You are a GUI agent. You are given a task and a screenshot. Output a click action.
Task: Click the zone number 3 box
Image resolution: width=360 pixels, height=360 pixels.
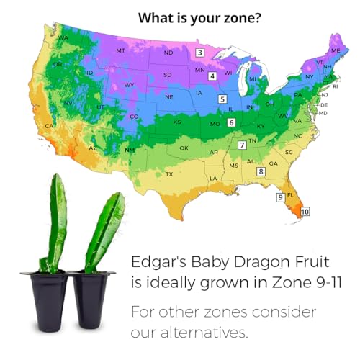click(201, 52)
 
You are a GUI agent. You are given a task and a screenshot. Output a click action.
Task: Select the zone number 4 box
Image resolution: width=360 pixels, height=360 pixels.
click(212, 76)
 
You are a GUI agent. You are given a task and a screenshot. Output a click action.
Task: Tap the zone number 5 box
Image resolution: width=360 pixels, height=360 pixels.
click(223, 99)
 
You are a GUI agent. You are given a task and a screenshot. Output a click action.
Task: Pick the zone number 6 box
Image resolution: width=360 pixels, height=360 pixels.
click(231, 122)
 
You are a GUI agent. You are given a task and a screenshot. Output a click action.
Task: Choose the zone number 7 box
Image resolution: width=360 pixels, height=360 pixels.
click(243, 145)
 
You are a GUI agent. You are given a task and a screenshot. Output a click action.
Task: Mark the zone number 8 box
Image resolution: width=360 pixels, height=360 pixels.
click(261, 171)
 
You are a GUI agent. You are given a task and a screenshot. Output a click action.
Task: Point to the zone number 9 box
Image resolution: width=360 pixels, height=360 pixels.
click(280, 197)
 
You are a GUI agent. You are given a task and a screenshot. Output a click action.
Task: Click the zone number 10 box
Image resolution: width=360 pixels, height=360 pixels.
click(305, 212)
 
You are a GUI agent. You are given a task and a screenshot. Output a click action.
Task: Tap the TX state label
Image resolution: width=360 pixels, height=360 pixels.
click(169, 174)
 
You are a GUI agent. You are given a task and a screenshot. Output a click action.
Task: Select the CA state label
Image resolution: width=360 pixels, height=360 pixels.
click(49, 127)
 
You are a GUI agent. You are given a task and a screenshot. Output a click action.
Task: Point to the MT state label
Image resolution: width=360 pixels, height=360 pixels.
click(120, 51)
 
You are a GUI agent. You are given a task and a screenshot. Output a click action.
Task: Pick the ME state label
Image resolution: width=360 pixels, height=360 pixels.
click(335, 50)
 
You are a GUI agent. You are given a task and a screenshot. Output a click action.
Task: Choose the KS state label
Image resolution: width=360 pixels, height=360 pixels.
click(176, 122)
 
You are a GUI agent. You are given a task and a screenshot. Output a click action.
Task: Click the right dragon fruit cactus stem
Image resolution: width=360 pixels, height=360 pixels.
click(104, 230)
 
